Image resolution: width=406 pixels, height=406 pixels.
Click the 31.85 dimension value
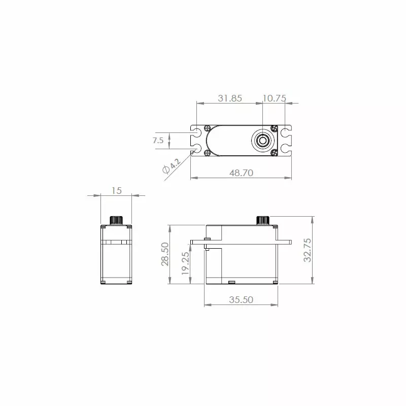point(229,98)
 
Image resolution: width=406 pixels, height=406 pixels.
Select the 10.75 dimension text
point(274,98)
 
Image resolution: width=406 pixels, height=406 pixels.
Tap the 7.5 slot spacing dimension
point(158,141)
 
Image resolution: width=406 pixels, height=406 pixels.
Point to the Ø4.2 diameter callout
point(171,166)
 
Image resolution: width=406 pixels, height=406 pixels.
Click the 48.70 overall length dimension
point(241,173)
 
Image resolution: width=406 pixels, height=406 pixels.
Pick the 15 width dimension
point(116,190)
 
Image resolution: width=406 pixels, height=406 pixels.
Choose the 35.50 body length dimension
point(241,300)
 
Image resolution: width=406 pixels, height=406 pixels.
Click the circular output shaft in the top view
point(263,140)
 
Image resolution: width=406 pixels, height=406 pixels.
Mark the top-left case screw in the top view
point(207,127)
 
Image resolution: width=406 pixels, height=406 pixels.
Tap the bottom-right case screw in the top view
point(274,152)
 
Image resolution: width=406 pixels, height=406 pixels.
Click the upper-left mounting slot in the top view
point(197,134)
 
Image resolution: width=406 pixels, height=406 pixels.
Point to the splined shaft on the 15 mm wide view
point(116,220)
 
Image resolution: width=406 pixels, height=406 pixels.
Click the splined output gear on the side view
point(262,220)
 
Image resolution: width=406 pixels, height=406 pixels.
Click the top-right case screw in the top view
point(274,127)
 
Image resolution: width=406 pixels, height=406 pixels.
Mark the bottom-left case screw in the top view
point(207,152)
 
